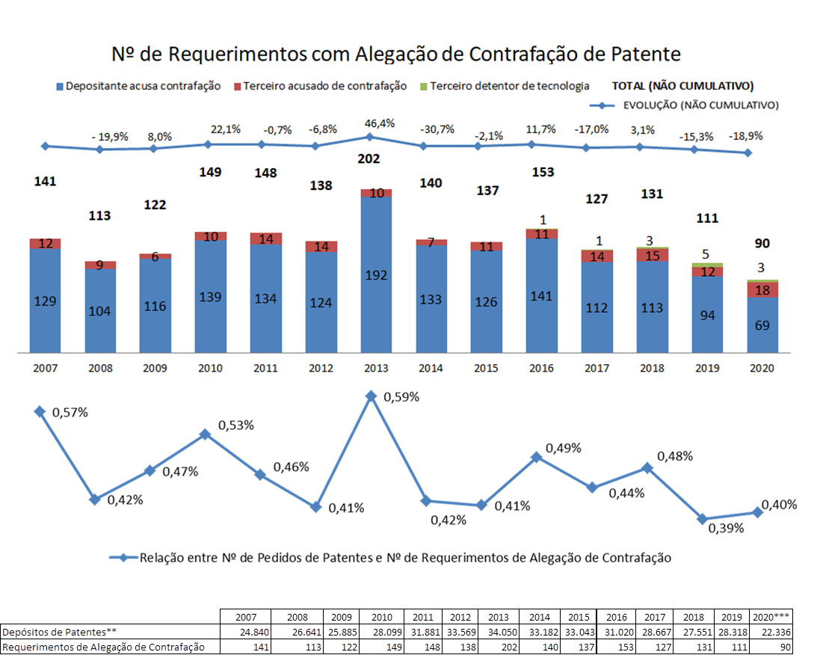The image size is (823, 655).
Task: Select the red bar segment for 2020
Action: coord(762,290)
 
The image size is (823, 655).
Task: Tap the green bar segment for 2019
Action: coord(708,265)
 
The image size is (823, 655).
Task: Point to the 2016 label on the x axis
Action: coord(542,368)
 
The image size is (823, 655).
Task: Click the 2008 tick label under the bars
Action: coord(99,368)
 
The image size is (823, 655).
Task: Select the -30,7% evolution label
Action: coord(438,129)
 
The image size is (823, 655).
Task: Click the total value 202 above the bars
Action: coord(369,159)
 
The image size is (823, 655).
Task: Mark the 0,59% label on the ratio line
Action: coord(401,397)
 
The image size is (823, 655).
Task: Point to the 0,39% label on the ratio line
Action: coord(726,528)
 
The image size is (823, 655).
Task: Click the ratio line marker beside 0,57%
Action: coord(39,411)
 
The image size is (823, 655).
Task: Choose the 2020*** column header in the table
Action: coord(771,618)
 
